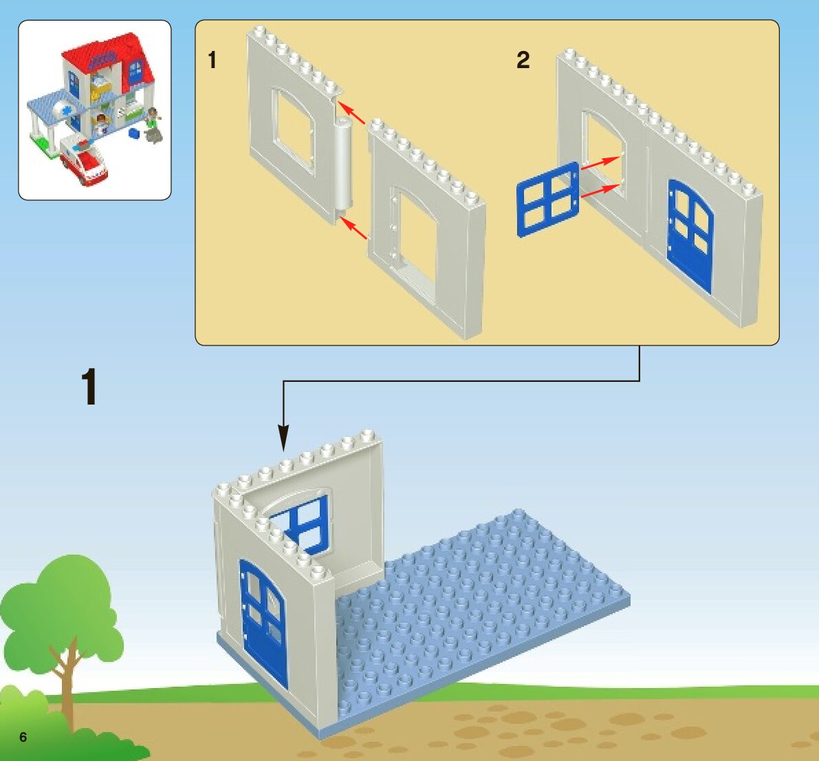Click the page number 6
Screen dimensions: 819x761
23,738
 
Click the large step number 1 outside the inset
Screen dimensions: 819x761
89,387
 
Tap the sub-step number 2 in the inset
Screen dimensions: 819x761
523,61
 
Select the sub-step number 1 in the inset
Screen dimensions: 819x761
212,61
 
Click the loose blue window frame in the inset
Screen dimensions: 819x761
548,200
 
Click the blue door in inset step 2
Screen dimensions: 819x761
690,234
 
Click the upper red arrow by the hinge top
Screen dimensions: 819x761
353,113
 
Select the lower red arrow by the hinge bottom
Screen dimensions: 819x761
353,228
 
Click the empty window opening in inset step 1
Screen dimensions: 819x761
293,127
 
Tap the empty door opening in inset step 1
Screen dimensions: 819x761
415,237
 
